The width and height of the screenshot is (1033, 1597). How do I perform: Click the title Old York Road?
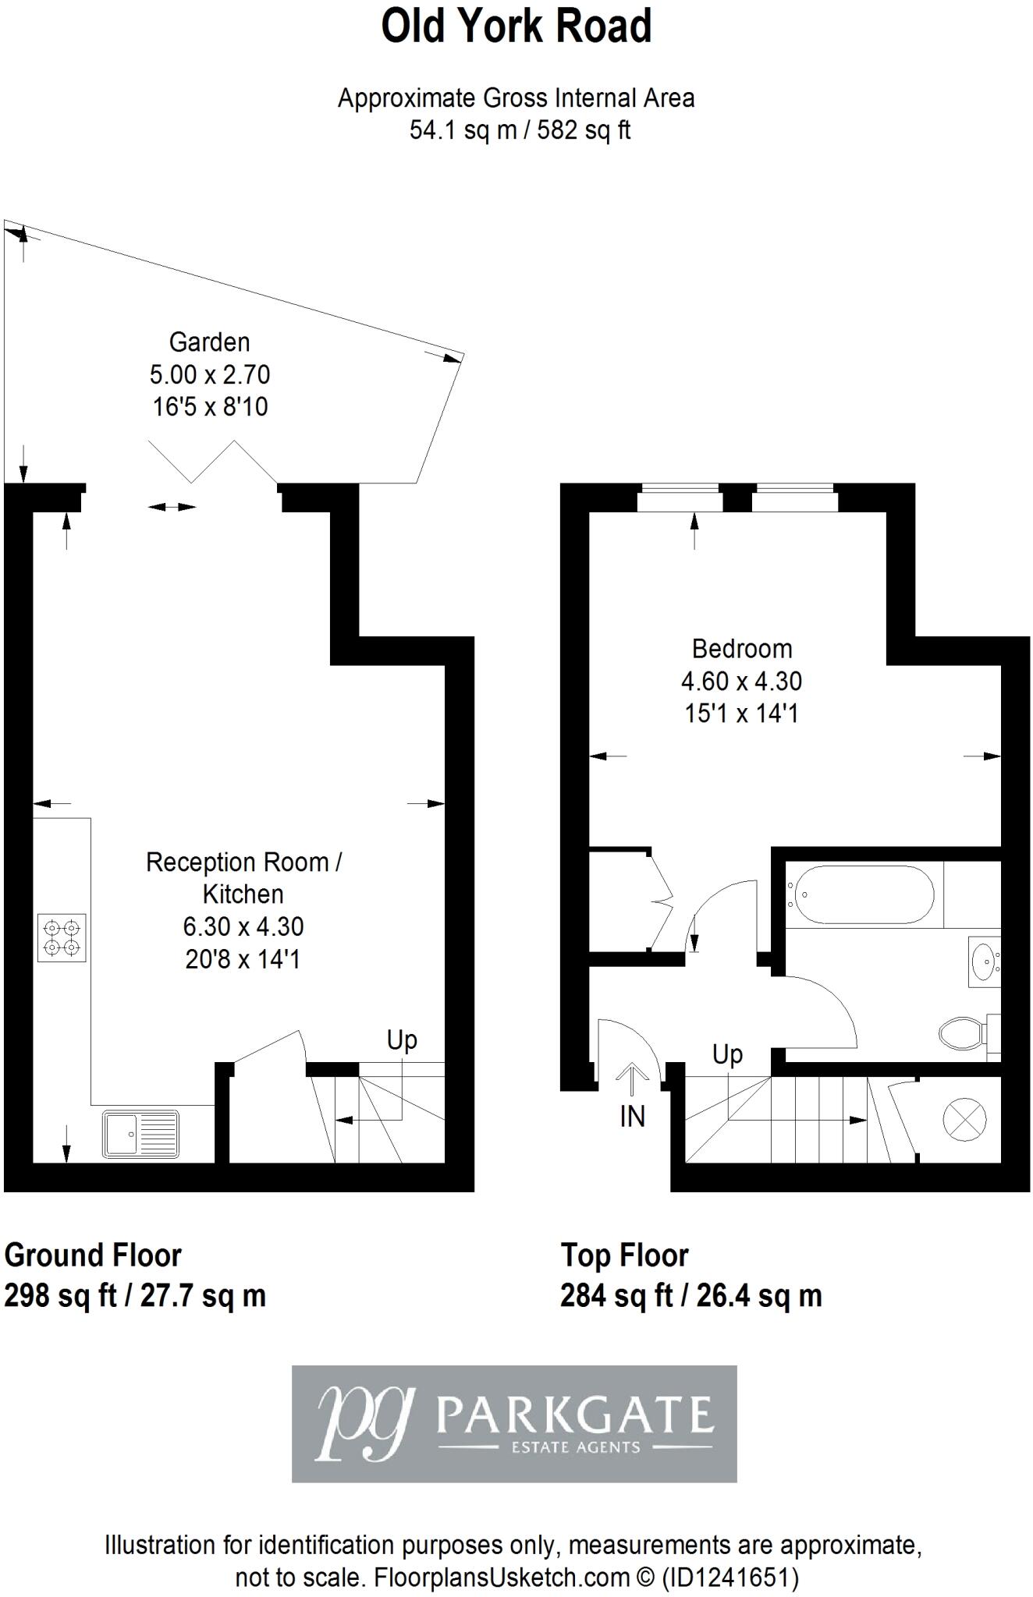click(x=516, y=27)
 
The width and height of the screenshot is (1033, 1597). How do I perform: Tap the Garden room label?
click(x=209, y=342)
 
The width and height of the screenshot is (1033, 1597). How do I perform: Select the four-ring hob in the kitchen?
click(x=62, y=937)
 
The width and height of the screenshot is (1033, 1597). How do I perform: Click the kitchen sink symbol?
click(x=140, y=1133)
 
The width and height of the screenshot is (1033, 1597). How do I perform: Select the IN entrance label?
click(x=632, y=1117)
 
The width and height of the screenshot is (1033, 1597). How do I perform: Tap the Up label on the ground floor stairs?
click(x=402, y=1040)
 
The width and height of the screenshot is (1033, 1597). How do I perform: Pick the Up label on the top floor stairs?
click(x=727, y=1054)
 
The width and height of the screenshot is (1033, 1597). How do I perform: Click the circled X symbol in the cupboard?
click(x=965, y=1120)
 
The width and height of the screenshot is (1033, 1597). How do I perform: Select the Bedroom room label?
click(x=742, y=649)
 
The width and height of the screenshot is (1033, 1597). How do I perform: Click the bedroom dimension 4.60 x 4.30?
click(x=741, y=682)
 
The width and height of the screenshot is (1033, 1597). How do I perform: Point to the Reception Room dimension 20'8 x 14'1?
click(x=243, y=959)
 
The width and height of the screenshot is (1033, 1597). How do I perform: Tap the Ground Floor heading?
click(x=93, y=1255)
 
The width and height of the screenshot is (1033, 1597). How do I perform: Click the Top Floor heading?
click(x=624, y=1255)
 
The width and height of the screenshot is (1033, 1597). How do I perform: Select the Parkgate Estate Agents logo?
click(x=514, y=1423)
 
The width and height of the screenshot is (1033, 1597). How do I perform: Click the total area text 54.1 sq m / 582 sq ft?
click(x=520, y=130)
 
